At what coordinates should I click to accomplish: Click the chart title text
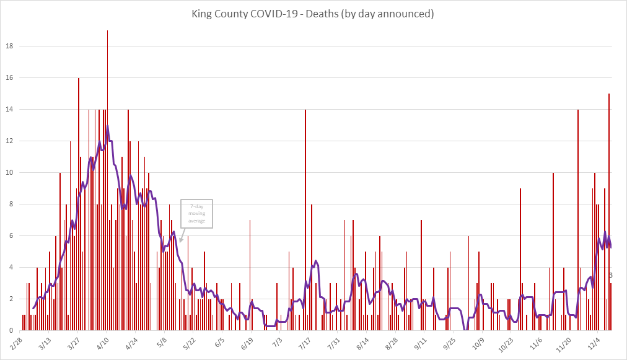point(313,12)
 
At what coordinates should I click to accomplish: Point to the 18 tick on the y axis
point(9,46)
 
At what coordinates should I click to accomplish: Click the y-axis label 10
point(9,173)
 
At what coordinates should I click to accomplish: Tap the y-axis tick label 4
point(12,268)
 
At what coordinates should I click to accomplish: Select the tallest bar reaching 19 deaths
point(107,180)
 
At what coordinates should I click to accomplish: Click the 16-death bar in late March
point(78,204)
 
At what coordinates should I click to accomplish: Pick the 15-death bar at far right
point(609,211)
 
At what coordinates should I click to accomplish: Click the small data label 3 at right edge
point(611,275)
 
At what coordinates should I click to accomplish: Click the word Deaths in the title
point(355,12)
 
